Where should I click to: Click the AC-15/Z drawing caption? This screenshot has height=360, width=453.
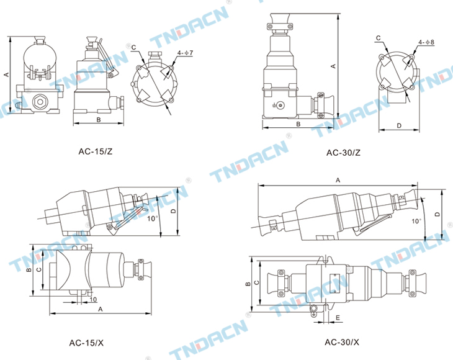point(96,151)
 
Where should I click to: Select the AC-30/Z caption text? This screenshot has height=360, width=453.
point(343,153)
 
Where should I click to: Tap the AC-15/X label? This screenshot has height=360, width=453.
point(86,343)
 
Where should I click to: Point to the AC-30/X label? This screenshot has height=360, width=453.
point(342,342)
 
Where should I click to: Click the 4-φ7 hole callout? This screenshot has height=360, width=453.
point(185,53)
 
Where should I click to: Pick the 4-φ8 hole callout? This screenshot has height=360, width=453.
point(426,42)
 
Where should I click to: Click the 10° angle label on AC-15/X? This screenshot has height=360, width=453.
point(152,218)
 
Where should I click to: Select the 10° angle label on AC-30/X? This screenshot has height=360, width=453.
point(416,222)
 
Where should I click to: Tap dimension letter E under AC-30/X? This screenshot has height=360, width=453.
point(338,318)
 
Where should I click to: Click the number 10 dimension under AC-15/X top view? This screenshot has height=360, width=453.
point(93,299)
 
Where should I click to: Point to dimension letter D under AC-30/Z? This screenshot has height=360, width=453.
point(399,125)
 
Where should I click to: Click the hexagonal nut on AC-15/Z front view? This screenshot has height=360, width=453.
point(38,102)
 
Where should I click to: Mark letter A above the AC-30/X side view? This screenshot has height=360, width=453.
point(338,180)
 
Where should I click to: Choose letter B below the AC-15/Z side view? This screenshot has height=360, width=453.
point(99,120)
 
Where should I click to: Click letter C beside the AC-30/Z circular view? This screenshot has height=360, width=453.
point(379,38)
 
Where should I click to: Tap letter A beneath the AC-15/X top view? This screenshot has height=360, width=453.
point(101,309)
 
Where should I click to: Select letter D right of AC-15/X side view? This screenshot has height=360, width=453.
point(173,211)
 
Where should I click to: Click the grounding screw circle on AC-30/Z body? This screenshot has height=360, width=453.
point(280,106)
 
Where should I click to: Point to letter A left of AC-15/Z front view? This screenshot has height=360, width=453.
point(6,74)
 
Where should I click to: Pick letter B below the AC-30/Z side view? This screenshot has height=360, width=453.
point(298,124)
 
